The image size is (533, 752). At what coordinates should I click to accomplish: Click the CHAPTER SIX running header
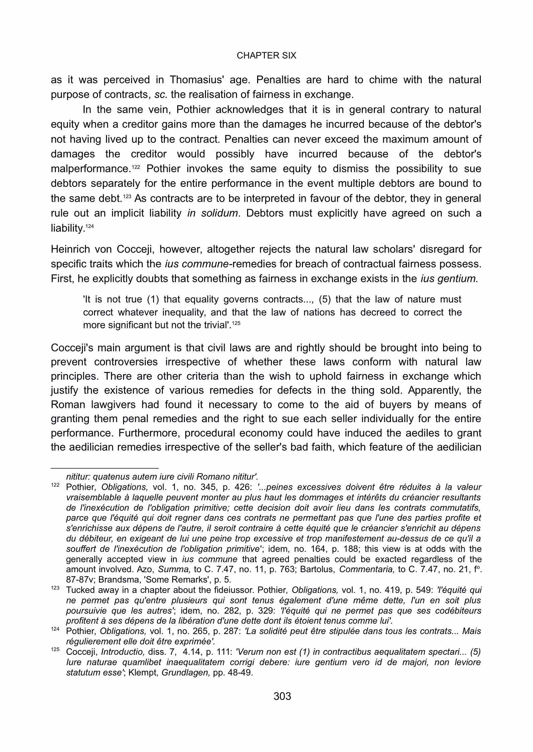tap(266, 55)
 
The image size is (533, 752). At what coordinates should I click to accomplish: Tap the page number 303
tap(282, 696)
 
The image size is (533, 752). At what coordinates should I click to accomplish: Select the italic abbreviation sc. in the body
tap(161, 95)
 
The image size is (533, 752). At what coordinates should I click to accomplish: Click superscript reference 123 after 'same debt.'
tap(127, 196)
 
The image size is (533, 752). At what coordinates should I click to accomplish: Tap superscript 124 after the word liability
tap(89, 226)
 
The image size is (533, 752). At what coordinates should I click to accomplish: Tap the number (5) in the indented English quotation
tap(325, 299)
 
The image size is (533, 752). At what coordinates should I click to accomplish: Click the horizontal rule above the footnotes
tap(104, 468)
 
